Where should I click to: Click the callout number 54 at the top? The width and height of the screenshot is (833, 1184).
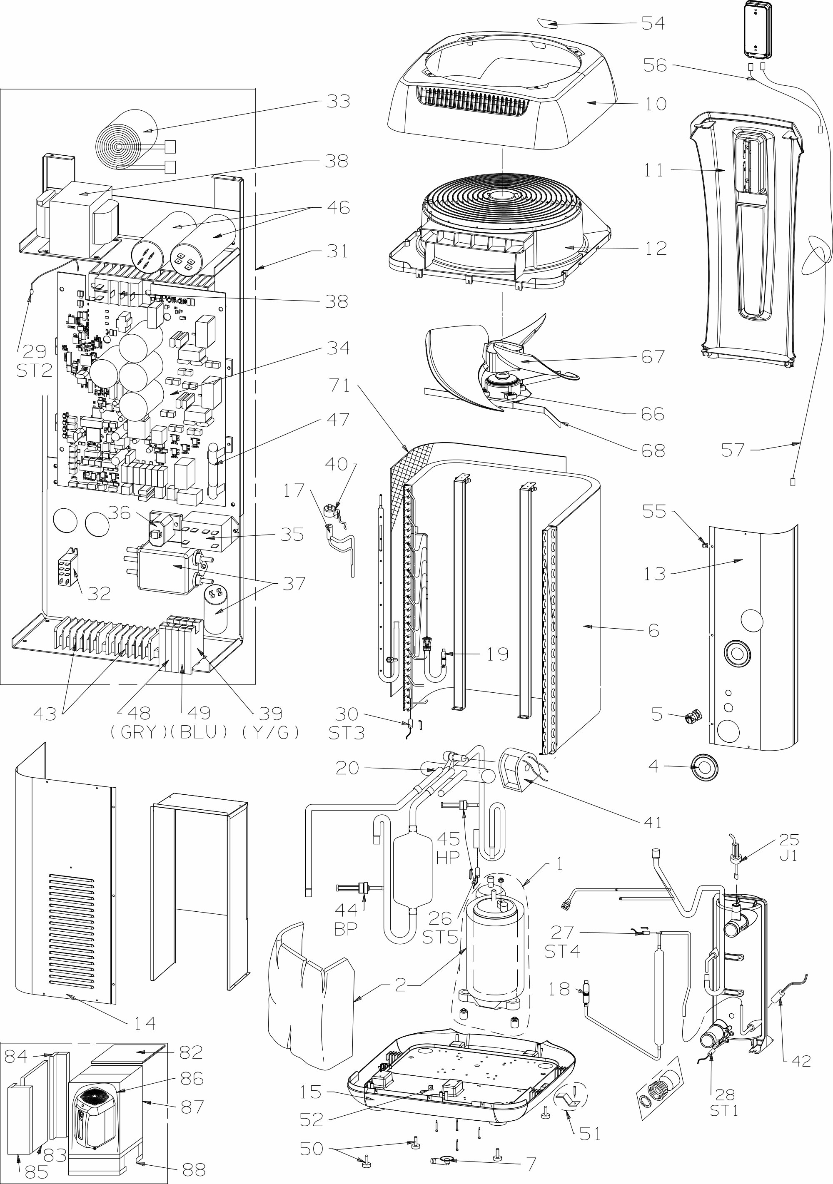point(653,23)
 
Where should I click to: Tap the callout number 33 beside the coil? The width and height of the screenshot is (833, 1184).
point(338,101)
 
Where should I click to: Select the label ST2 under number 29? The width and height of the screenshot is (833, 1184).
point(34,370)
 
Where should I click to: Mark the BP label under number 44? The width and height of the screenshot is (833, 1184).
point(346,929)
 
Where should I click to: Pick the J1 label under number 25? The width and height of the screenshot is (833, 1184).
point(788,856)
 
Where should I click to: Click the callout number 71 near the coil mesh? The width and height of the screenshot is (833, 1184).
point(339,385)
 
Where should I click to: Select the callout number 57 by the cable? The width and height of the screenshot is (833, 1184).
point(733,450)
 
